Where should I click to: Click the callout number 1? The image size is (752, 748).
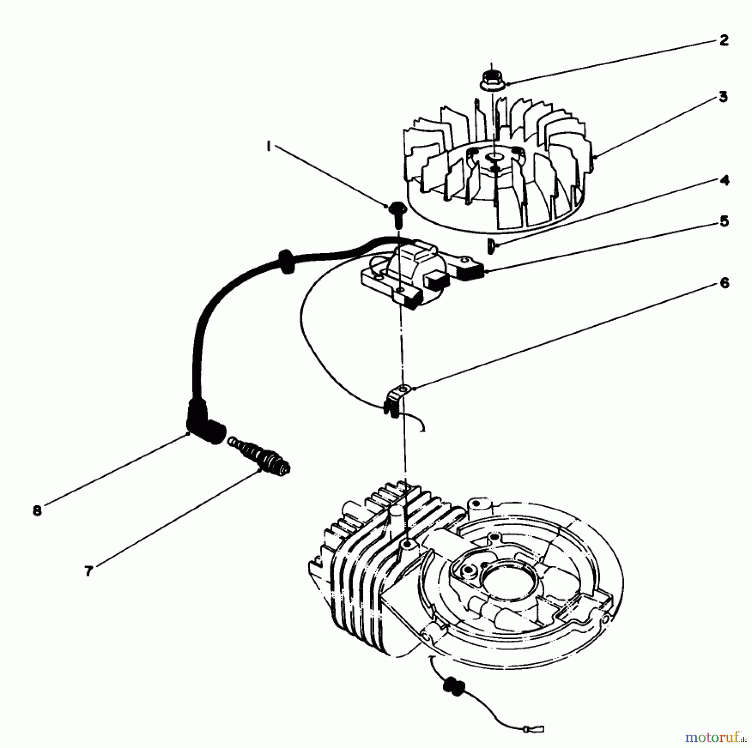pos(269,147)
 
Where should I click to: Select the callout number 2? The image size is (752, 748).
pos(724,40)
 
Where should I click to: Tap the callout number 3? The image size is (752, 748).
pos(723,97)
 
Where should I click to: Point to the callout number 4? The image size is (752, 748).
pos(724,180)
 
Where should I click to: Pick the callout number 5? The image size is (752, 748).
pos(724,221)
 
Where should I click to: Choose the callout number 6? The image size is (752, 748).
pos(724,283)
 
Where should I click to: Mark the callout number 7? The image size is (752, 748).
pos(88,571)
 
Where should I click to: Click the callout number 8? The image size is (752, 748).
pos(38,510)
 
